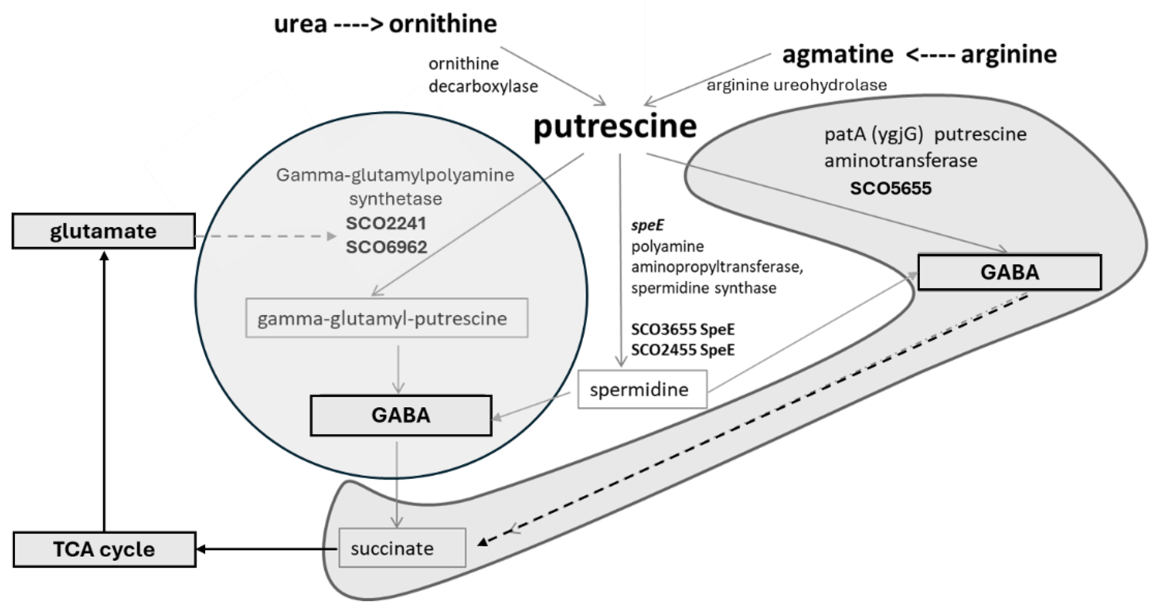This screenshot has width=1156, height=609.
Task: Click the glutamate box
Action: point(104,231)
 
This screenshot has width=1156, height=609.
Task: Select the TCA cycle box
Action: point(104,549)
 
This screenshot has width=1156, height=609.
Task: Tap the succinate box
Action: point(402,548)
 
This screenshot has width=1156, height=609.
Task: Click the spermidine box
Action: point(642,389)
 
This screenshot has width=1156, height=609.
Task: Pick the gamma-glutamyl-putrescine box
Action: point(386,318)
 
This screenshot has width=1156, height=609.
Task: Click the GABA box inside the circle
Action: point(401,415)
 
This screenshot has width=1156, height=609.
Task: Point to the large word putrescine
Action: point(615,127)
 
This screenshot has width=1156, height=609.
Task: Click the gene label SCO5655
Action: point(890,188)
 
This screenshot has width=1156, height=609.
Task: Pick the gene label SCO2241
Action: point(386,223)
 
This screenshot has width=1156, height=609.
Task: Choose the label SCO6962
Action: point(386,247)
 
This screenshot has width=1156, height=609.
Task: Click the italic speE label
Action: point(647,225)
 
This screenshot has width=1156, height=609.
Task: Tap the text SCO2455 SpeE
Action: point(682,349)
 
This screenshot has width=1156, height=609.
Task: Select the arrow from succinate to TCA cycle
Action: point(268,549)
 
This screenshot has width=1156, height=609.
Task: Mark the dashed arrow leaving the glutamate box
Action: point(265,236)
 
